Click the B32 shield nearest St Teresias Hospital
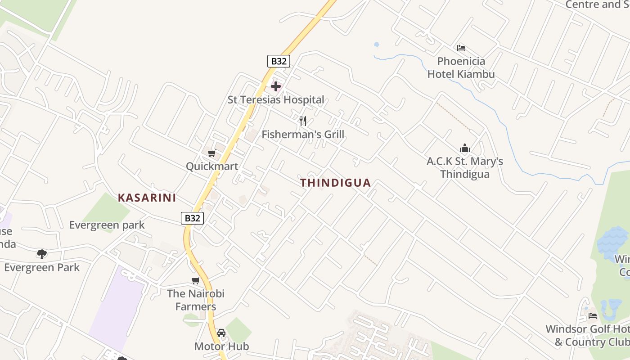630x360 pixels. coord(279,61)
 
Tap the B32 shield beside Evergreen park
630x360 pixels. coord(193,218)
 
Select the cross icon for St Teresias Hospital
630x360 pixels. coord(276,86)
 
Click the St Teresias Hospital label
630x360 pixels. coord(276,100)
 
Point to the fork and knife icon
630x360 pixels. coord(303,121)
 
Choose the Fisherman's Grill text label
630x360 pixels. coord(303,134)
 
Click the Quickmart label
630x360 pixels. coord(212,166)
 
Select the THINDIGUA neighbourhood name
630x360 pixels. coord(336,183)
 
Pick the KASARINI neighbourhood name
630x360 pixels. coord(147,198)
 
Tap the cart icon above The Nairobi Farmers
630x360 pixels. coord(195,280)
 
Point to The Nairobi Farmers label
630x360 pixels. coord(196,300)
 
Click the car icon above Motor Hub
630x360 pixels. coord(221,333)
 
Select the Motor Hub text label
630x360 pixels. coord(221,346)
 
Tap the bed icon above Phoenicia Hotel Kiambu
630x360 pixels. coord(461,48)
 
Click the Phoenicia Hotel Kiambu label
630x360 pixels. coord(461,67)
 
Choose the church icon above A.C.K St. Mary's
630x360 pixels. coord(465,148)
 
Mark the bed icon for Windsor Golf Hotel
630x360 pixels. coord(593,315)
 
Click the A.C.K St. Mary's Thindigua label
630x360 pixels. coord(465,167)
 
